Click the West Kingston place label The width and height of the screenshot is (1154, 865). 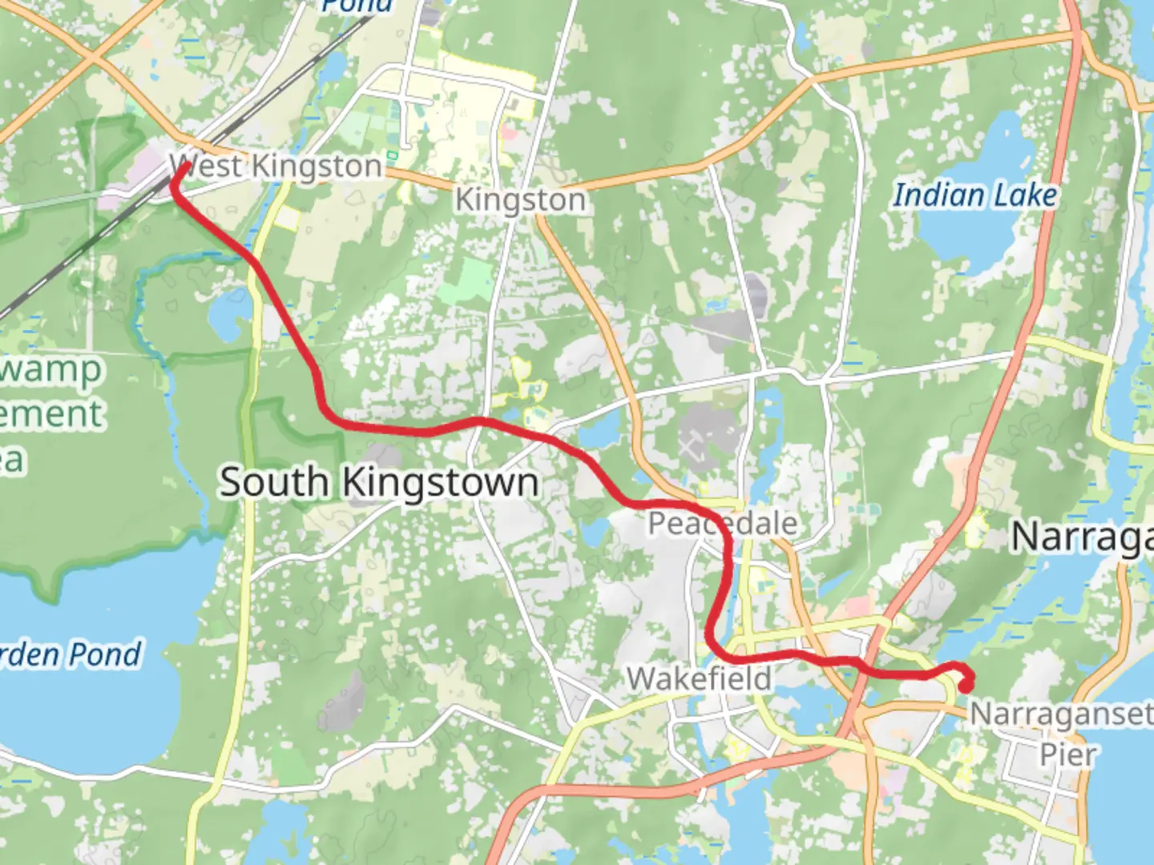click(276, 167)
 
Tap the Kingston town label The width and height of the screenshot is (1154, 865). click(520, 199)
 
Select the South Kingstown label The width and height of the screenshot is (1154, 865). click(379, 482)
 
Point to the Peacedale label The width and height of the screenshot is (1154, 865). click(722, 524)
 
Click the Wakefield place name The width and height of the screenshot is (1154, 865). click(700, 679)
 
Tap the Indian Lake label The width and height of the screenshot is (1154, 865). click(974, 195)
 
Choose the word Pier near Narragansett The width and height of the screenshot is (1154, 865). click(1067, 754)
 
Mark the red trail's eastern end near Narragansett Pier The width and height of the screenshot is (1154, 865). click(966, 684)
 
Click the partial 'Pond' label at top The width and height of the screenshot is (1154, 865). click(357, 6)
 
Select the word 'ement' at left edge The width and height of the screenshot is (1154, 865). click(51, 414)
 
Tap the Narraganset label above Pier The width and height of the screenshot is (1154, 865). click(1061, 714)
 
